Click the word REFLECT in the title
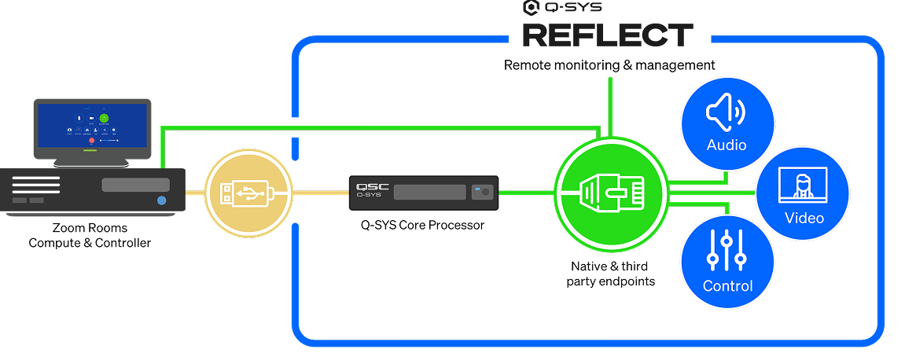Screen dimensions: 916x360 (x=608, y=35)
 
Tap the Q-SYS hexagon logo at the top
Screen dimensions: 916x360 (x=531, y=8)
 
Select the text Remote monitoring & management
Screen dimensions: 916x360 (x=609, y=64)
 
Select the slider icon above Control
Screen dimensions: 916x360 (x=727, y=250)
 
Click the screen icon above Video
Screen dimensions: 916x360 (x=803, y=185)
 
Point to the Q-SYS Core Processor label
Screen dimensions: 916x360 (x=422, y=225)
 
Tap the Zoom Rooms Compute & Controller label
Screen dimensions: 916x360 (x=90, y=235)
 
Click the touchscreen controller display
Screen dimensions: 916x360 (x=92, y=126)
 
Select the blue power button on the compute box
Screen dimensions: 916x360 (x=161, y=201)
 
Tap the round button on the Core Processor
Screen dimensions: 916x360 (x=484, y=191)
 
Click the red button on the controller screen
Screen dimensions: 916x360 (x=91, y=141)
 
